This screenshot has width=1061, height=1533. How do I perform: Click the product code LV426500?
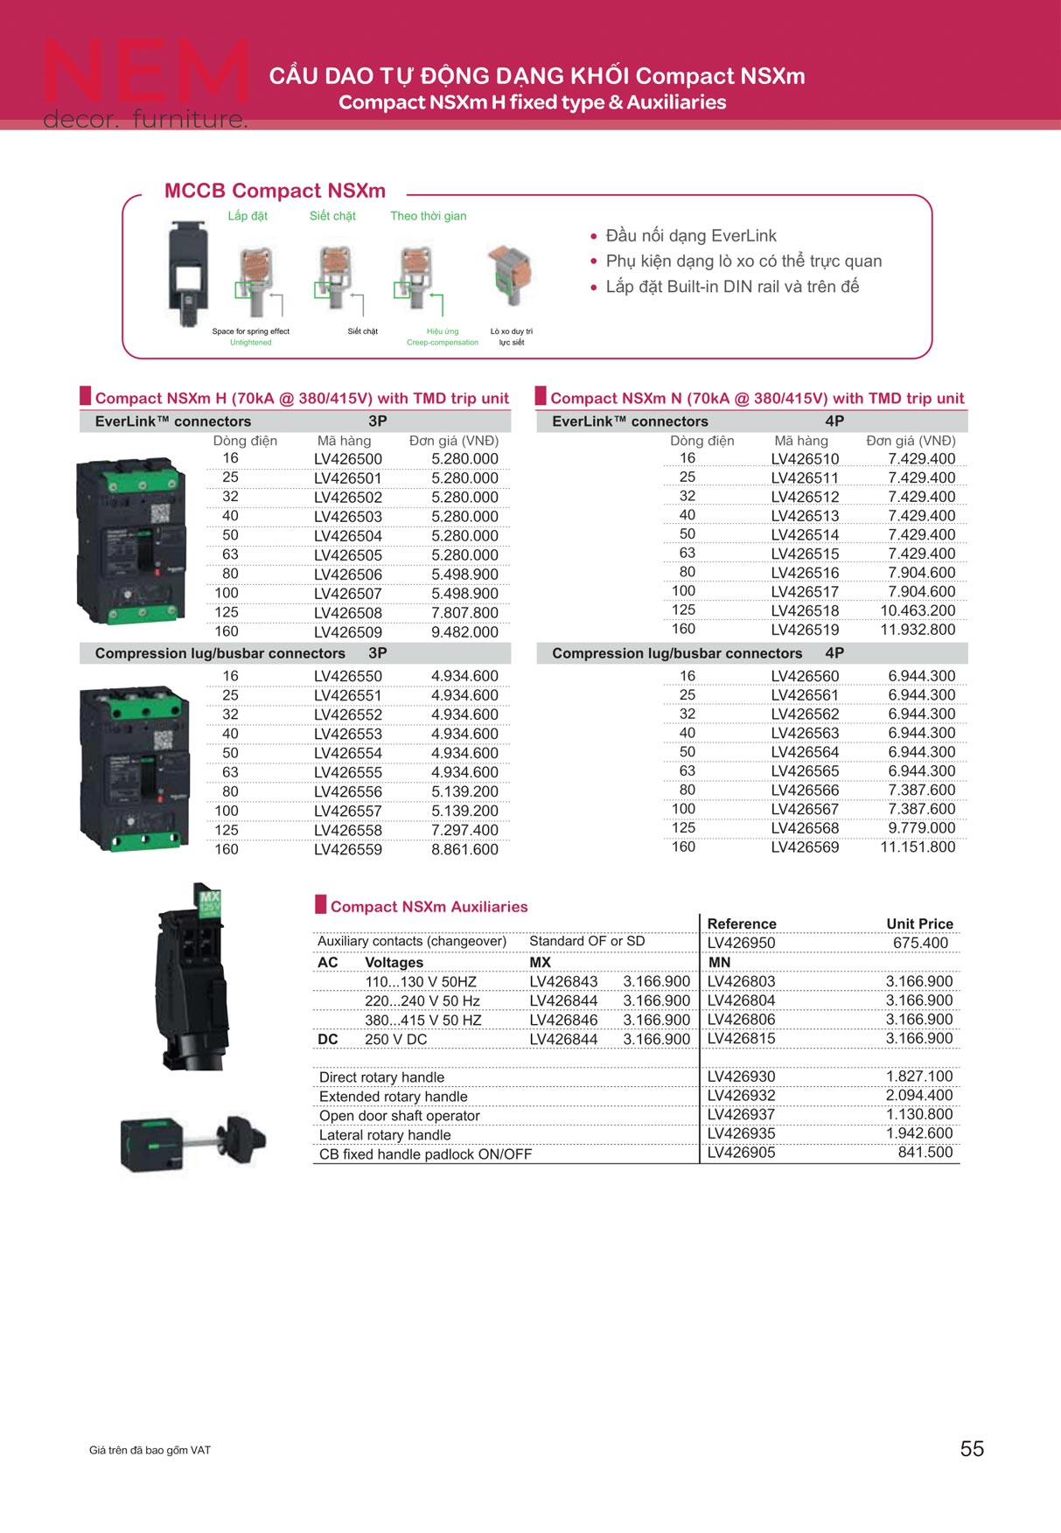point(348,459)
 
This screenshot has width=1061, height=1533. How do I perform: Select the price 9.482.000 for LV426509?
point(464,632)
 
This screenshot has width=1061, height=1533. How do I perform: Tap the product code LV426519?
point(805,630)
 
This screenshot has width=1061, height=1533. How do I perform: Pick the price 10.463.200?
point(918,610)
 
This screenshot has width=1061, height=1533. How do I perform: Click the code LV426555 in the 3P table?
point(348,772)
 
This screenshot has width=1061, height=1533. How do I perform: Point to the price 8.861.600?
point(464,849)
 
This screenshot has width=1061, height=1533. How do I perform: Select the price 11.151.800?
point(918,847)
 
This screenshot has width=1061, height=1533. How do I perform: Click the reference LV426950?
point(741,943)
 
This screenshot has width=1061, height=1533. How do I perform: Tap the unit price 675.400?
point(920,943)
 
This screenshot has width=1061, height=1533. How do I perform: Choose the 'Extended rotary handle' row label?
point(394,1097)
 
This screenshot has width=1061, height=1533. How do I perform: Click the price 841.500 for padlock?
point(925,1153)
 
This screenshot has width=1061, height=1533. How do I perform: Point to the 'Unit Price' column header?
point(919,923)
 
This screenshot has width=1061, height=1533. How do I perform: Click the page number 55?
point(972,1449)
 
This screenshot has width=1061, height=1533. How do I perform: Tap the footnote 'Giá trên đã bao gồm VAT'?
point(150,1450)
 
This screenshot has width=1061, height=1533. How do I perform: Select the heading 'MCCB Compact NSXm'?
point(275,191)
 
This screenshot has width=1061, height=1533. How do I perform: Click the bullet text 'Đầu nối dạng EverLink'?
point(691,235)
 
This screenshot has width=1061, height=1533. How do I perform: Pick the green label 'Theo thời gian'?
point(428,216)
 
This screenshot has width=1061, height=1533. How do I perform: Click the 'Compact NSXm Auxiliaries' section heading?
point(429,907)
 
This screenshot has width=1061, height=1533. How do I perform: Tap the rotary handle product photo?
point(192,1140)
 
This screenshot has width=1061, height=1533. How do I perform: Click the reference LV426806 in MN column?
point(741,1020)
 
